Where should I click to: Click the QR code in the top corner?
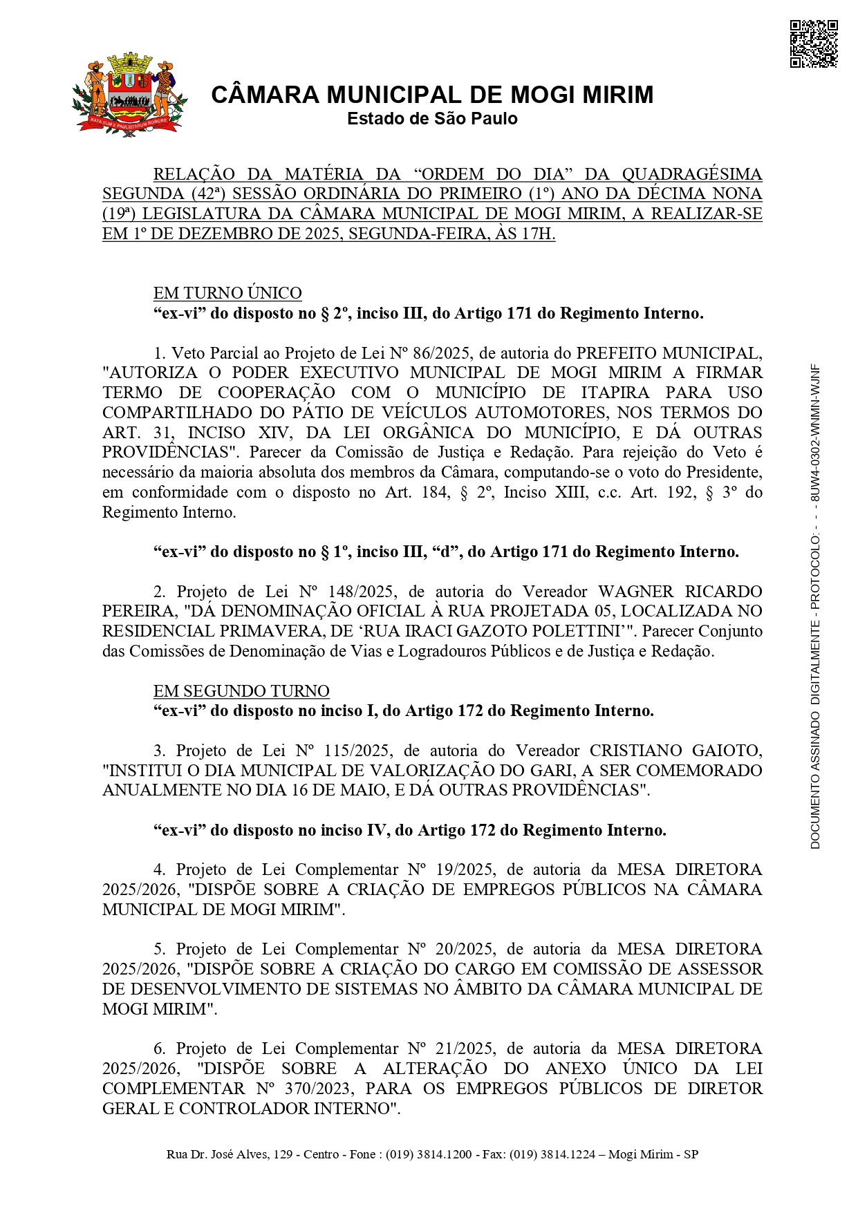[813, 44]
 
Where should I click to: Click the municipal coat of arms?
[129, 95]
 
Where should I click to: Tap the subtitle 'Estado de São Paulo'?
[432, 119]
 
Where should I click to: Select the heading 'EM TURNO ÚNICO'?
[227, 293]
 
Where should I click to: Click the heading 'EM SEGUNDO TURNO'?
[241, 691]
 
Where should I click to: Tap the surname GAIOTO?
[729, 751]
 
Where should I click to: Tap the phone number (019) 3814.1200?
[429, 1154]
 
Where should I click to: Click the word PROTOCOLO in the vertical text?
[815, 574]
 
